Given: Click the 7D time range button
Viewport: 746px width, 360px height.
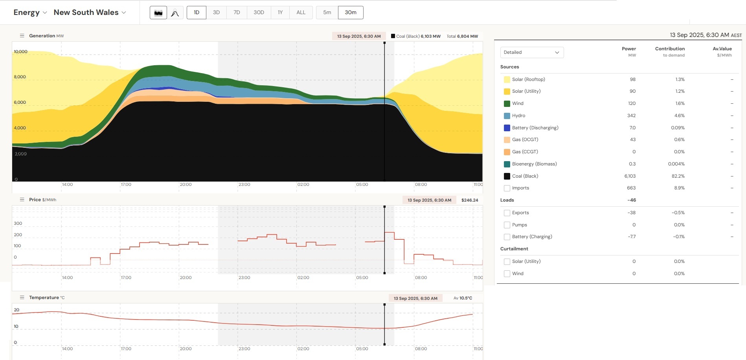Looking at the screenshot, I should (x=237, y=13).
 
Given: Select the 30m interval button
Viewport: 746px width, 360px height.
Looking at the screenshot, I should (x=351, y=13).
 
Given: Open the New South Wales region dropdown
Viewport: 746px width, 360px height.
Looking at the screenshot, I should (x=90, y=13).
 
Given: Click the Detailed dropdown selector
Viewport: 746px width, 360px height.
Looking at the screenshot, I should (x=532, y=52).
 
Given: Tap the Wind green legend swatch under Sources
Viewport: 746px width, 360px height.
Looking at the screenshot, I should (x=507, y=104).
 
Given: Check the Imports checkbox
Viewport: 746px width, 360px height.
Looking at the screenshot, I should (x=507, y=188).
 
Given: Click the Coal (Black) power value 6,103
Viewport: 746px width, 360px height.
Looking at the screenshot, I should (x=630, y=176).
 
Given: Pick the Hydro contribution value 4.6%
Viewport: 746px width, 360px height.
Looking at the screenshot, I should (x=679, y=116).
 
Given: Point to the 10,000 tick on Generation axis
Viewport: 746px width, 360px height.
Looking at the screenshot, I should (x=20, y=51).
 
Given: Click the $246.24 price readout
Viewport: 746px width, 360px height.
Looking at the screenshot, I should (x=470, y=200).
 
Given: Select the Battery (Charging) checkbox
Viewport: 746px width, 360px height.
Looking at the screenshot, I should (x=507, y=237).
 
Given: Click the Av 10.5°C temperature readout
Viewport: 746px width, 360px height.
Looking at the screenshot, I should (x=463, y=298).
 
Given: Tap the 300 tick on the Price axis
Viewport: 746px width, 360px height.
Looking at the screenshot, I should (x=18, y=223).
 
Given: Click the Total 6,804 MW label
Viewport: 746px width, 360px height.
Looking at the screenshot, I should (x=462, y=36).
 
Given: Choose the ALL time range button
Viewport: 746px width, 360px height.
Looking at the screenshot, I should (x=301, y=13).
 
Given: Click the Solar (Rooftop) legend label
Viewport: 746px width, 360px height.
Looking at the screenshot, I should (x=528, y=79).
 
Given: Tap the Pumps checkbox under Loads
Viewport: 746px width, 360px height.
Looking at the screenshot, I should (x=507, y=225).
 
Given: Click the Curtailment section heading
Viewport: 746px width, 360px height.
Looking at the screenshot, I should (x=514, y=249).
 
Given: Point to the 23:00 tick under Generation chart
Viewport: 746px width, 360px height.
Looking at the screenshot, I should (x=244, y=184).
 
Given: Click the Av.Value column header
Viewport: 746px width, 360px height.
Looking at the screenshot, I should (x=722, y=49).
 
